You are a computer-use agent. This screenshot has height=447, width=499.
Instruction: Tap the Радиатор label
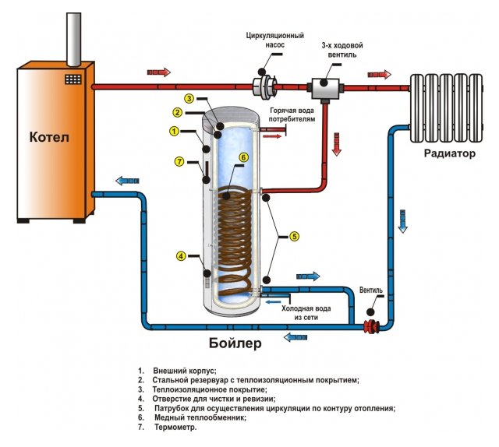point(449,153)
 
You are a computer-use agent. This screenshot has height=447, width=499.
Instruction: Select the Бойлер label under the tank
point(235,343)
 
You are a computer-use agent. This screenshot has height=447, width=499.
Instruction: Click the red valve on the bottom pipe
point(370,326)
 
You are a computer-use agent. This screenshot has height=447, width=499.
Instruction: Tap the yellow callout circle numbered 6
point(243,157)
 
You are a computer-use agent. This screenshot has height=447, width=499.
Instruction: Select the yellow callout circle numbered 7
point(179,162)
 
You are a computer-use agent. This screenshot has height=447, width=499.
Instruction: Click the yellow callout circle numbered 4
point(182,255)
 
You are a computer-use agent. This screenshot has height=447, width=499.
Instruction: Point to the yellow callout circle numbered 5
point(294,235)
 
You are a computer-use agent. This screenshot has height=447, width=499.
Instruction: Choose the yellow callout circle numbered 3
point(189,99)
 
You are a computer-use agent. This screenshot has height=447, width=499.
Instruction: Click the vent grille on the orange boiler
point(74,79)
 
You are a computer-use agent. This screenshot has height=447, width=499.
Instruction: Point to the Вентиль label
point(371,290)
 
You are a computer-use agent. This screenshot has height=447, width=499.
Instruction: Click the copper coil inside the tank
point(233,234)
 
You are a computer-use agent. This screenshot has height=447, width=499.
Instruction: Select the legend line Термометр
point(175,428)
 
